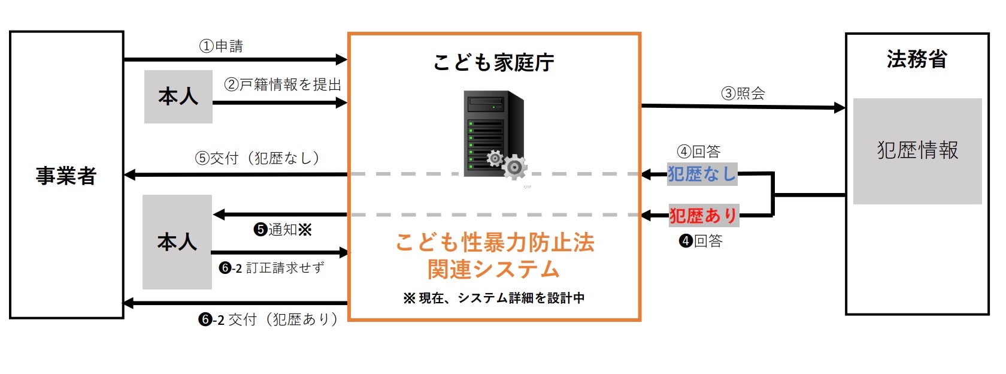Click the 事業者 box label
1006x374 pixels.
pos(66,176)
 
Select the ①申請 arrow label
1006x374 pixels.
pos(221,46)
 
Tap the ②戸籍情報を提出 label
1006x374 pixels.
pos(283,85)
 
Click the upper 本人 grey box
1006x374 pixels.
pos(178,96)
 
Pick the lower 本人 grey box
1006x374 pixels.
pos(177,242)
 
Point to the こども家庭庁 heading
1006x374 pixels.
pos(494,62)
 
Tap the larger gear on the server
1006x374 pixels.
pos(514,167)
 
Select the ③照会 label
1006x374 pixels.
pos(743,93)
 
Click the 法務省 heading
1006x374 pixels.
pos(917,59)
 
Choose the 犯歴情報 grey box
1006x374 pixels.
pos(917,150)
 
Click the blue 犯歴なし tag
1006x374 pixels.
pos(702,174)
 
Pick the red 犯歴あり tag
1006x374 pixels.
pos(704,215)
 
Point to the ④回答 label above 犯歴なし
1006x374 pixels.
pos(699,152)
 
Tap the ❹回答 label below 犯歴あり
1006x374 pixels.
pos(701,241)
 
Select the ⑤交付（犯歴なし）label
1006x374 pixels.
pos(257,158)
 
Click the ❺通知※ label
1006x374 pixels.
pos(283,230)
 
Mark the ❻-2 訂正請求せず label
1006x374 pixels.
pos(272,268)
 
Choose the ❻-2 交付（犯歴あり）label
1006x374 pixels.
pos(268,319)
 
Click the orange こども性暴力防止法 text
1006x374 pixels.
pos(495,243)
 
